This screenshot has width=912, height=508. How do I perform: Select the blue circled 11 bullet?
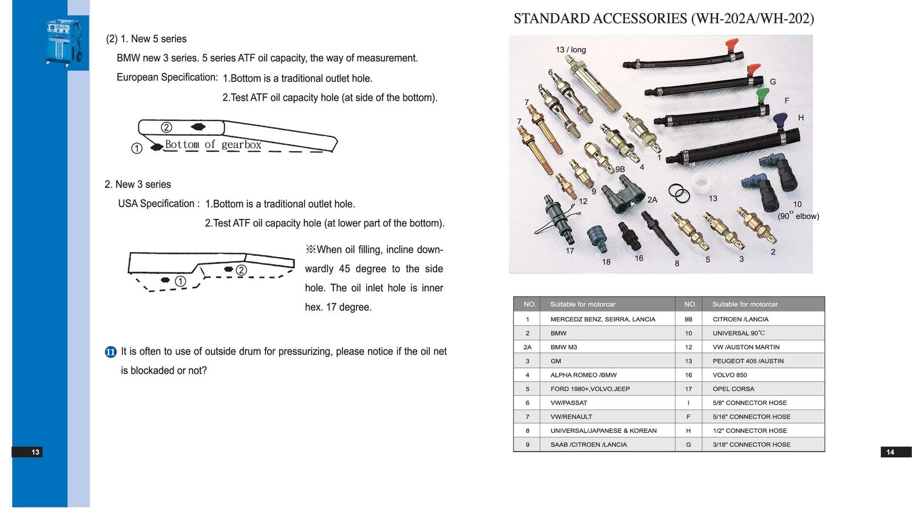coord(111,352)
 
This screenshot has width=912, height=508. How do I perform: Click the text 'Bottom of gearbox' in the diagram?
coord(213,145)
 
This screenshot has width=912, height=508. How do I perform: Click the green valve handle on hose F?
coord(762,94)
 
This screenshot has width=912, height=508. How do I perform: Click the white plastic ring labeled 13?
coord(700,184)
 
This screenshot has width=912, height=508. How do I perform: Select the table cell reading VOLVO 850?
coord(729,375)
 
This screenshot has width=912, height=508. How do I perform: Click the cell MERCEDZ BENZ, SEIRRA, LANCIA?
coord(602,319)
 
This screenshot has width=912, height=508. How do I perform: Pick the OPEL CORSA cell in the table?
coord(733,389)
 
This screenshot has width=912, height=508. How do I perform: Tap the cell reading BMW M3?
coord(564,347)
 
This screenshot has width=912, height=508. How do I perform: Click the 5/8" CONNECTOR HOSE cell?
coord(749,403)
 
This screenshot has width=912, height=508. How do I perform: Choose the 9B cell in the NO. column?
coord(688,319)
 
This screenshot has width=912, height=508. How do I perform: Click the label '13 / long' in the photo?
coord(570,50)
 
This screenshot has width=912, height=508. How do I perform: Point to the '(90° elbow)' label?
coord(798,216)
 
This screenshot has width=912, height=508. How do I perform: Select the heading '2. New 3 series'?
coord(137,185)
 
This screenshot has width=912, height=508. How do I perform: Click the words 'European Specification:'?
coord(167,78)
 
